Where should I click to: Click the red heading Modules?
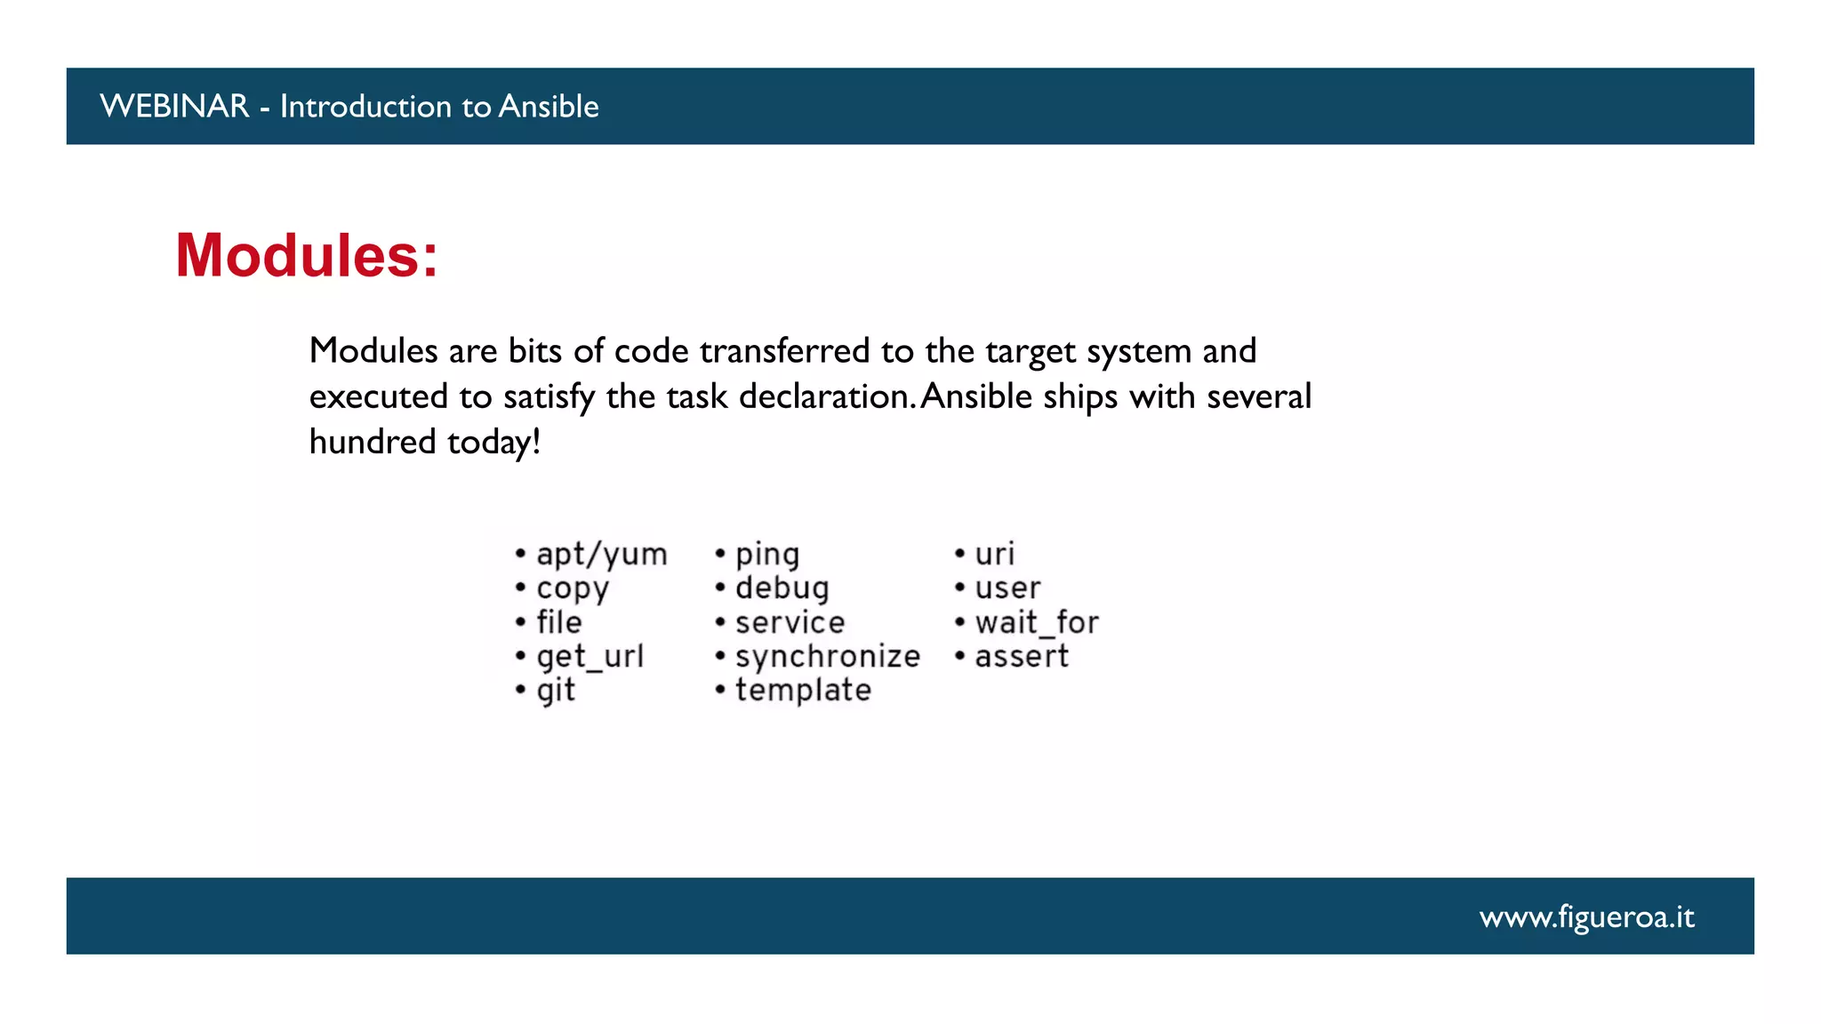(307, 256)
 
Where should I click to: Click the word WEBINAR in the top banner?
(174, 107)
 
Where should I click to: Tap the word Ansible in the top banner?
(548, 107)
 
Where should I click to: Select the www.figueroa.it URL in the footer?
(1586, 916)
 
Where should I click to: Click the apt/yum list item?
(601, 555)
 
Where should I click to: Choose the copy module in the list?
(573, 588)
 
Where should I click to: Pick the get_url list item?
(590, 657)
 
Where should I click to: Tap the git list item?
(556, 691)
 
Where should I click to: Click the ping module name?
(766, 555)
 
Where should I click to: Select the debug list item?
(782, 588)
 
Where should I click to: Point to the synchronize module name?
(827, 657)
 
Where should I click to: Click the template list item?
(803, 691)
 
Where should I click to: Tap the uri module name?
(994, 555)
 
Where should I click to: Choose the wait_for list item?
(1036, 622)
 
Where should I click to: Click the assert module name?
(1021, 657)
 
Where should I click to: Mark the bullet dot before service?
(720, 622)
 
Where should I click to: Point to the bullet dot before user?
(960, 588)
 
